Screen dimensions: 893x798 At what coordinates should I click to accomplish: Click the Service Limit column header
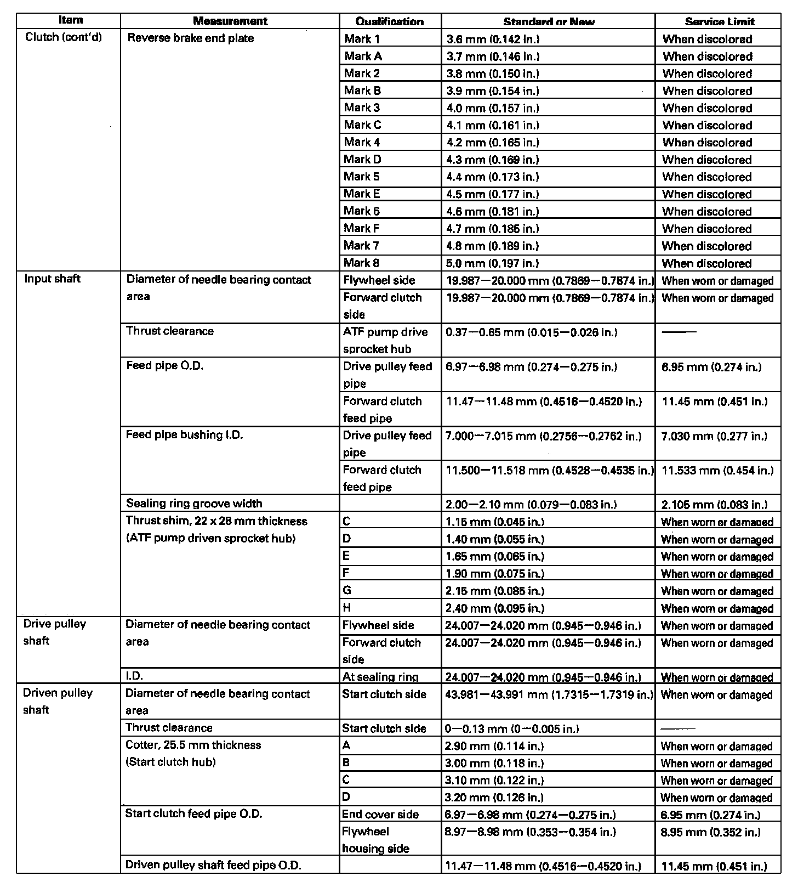pyautogui.click(x=719, y=22)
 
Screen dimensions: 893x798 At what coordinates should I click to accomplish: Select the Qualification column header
pyautogui.click(x=389, y=22)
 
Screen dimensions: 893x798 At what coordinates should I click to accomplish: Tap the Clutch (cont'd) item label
pyautogui.click(x=64, y=38)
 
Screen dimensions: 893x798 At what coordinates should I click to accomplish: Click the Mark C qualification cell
pyautogui.click(x=362, y=125)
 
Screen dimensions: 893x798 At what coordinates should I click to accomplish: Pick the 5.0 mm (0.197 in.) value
pyautogui.click(x=493, y=263)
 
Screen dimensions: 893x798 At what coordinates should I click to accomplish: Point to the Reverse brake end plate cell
pyautogui.click(x=190, y=38)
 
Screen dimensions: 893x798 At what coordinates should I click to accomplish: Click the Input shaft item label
pyautogui.click(x=52, y=279)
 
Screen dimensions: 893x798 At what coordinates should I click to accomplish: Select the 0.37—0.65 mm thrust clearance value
pyautogui.click(x=531, y=332)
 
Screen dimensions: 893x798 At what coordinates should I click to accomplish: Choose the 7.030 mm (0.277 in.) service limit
pyautogui.click(x=714, y=436)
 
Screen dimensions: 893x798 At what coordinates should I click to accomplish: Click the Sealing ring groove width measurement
pyautogui.click(x=194, y=504)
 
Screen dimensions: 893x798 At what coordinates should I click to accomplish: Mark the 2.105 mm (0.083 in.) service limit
pyautogui.click(x=714, y=505)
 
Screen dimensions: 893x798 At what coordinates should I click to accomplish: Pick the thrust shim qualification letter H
pyautogui.click(x=347, y=607)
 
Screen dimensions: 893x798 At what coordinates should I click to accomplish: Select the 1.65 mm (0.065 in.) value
pyautogui.click(x=495, y=557)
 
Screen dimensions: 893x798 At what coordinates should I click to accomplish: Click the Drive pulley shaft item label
pyautogui.click(x=54, y=632)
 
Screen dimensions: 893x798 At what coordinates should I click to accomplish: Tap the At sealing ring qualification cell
pyautogui.click(x=380, y=677)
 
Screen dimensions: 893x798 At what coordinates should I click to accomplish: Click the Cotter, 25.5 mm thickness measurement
pyautogui.click(x=193, y=745)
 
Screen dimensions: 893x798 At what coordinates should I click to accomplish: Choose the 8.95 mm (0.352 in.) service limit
pyautogui.click(x=710, y=832)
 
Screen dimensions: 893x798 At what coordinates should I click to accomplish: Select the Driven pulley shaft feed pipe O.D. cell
pyautogui.click(x=213, y=865)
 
